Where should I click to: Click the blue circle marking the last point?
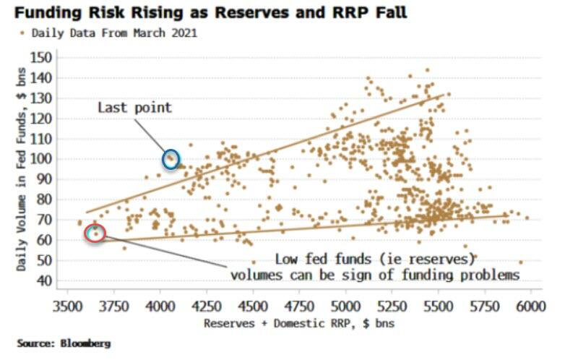pos(163,160)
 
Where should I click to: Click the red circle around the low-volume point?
pos(86,233)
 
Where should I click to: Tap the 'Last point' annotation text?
pos(135,108)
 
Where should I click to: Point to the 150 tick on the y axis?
pos(40,57)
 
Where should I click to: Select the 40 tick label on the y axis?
pos(44,280)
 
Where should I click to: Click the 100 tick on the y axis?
pos(40,159)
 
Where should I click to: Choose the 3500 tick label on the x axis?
pos(68,307)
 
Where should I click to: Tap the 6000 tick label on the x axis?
pos(530,307)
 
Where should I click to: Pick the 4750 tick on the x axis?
pos(299,307)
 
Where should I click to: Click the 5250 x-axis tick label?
pos(392,307)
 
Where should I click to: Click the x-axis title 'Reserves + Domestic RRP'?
pos(277,323)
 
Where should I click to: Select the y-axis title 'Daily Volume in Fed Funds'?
pos(22,190)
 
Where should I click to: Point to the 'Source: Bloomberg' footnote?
pos(64,343)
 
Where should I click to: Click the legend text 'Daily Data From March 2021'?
pos(114,33)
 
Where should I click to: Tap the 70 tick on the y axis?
pos(44,220)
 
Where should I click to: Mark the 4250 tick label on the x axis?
pos(207,307)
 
